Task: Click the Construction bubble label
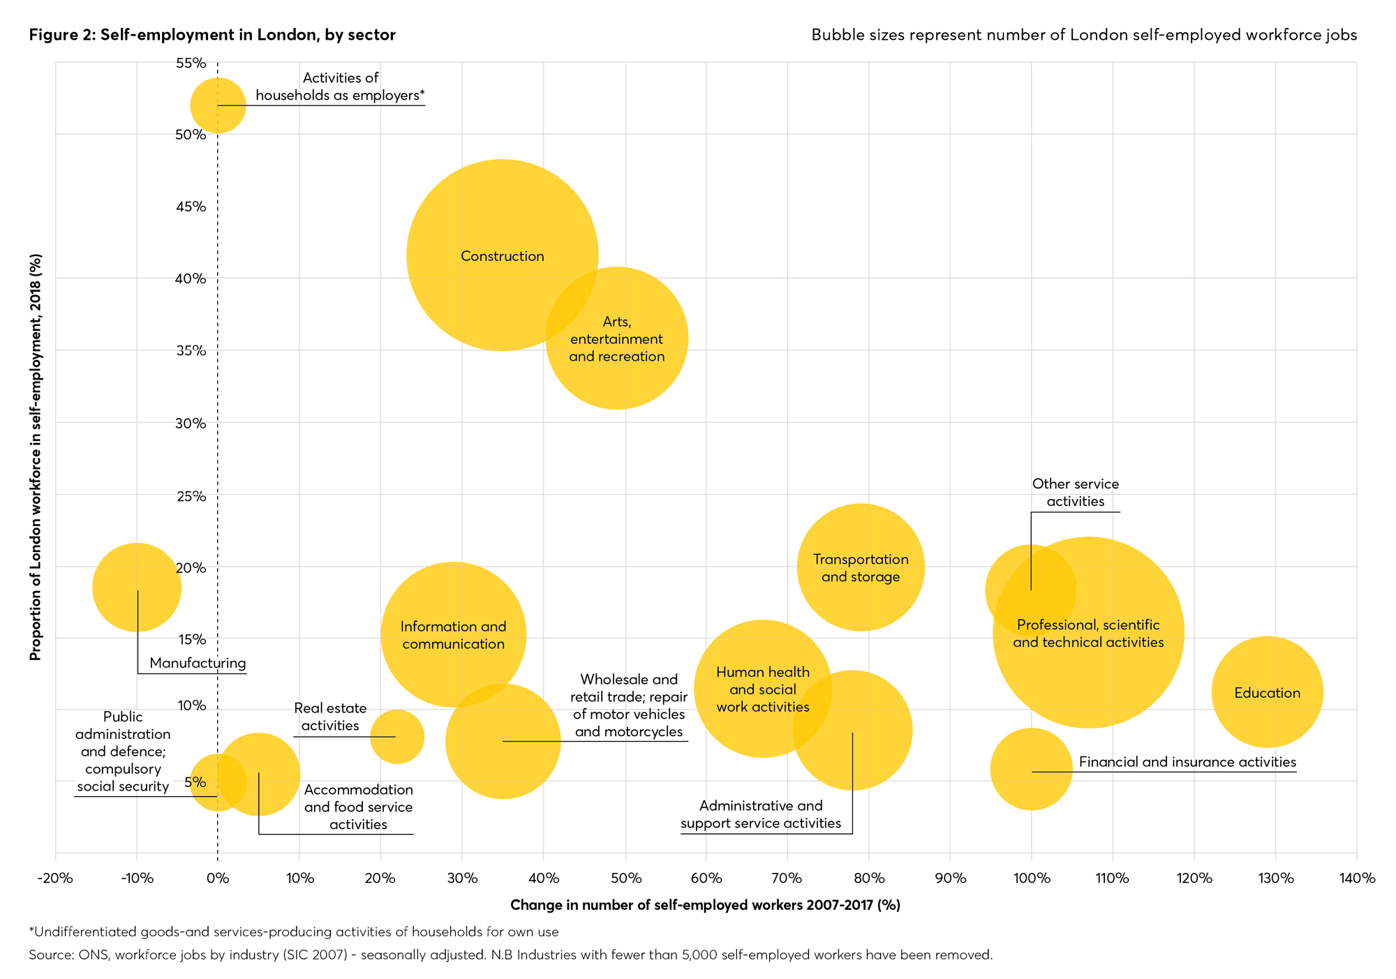pyautogui.click(x=502, y=256)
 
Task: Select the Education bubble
pyautogui.click(x=1267, y=692)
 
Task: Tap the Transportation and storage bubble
pyautogui.click(x=861, y=567)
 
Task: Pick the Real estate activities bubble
pyautogui.click(x=397, y=736)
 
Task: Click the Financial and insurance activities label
pyautogui.click(x=1187, y=762)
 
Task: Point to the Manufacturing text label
pyautogui.click(x=198, y=663)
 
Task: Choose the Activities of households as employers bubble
pyautogui.click(x=218, y=105)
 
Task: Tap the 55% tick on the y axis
pyautogui.click(x=191, y=63)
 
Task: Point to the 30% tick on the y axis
pyautogui.click(x=191, y=423)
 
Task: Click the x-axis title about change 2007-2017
pyautogui.click(x=705, y=905)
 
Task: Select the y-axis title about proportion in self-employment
pyautogui.click(x=36, y=457)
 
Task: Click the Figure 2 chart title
pyautogui.click(x=212, y=35)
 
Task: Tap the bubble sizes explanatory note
pyautogui.click(x=1083, y=35)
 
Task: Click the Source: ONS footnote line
pyautogui.click(x=510, y=955)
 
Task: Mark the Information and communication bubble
pyautogui.click(x=453, y=634)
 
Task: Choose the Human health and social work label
pyautogui.click(x=762, y=689)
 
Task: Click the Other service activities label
pyautogui.click(x=1075, y=493)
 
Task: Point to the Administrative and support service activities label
pyautogui.click(x=761, y=814)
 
